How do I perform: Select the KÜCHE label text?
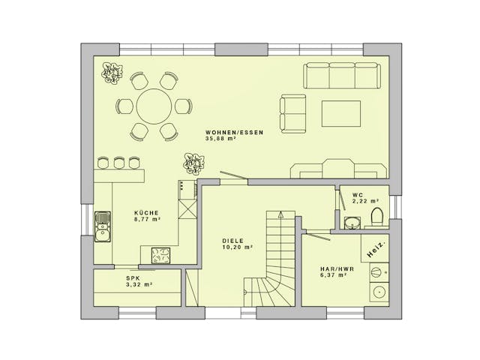tap(146, 212)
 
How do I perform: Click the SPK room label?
tap(132, 278)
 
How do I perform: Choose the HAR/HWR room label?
tap(329, 268)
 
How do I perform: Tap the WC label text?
tap(358, 195)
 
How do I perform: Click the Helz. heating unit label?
tap(376, 248)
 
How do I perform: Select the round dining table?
tap(153, 106)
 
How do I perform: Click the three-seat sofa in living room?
tap(341, 76)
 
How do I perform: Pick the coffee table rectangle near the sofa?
tap(341, 113)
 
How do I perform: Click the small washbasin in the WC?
tap(350, 221)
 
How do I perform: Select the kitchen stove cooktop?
tap(160, 255)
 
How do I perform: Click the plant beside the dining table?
tap(112, 73)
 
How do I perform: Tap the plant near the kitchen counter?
tap(193, 163)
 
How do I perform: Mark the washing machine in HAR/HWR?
tap(379, 292)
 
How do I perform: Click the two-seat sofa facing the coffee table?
tap(292, 112)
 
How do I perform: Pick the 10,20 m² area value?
tap(236, 247)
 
